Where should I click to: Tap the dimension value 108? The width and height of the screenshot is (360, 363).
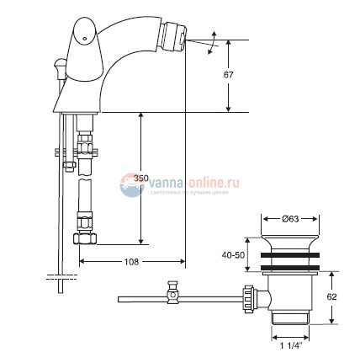pos(132,261)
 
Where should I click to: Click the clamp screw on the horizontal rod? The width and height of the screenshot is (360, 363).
pos(174,293)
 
